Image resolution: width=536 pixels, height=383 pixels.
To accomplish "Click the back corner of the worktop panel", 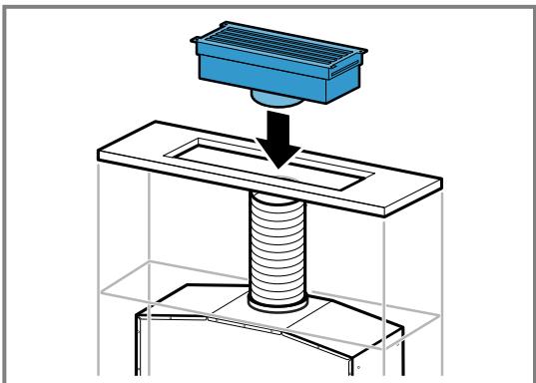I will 150,125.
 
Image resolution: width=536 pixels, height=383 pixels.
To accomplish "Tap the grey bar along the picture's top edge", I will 268,3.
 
